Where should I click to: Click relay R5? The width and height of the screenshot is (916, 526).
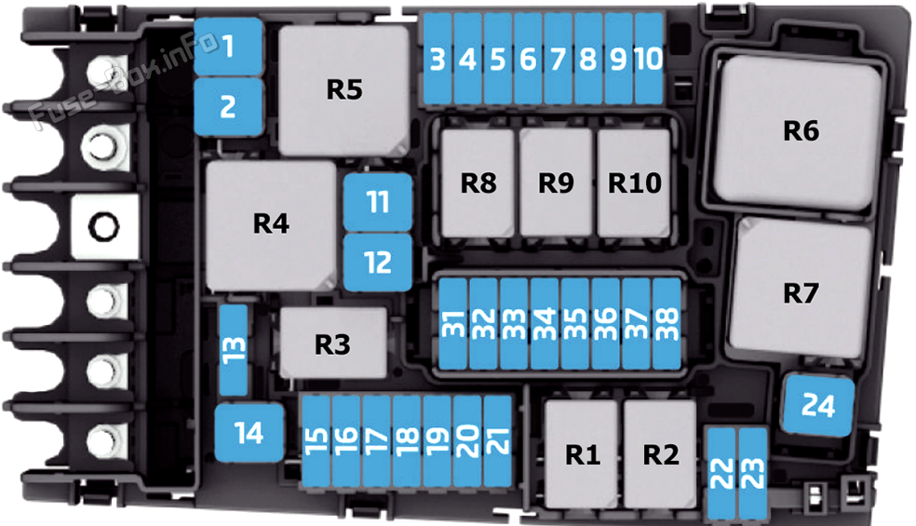(x=344, y=90)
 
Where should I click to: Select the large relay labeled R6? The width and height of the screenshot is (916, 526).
(x=798, y=132)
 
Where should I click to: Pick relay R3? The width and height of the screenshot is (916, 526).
(x=333, y=344)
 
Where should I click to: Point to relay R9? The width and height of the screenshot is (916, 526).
(x=556, y=182)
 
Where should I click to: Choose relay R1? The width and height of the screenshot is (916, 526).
(x=581, y=454)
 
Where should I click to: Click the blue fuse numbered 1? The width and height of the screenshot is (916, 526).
(x=228, y=47)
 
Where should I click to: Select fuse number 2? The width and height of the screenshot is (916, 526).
(x=228, y=107)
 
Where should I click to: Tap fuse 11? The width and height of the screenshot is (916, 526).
(x=378, y=202)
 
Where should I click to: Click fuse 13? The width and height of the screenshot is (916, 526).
(x=234, y=349)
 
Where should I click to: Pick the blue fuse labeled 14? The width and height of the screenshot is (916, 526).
(x=249, y=433)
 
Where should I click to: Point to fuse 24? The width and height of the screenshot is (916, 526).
(x=818, y=405)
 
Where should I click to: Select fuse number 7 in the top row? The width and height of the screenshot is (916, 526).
(x=558, y=59)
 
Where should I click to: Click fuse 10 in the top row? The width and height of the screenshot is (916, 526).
(x=649, y=59)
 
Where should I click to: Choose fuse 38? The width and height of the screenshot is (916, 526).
(x=667, y=324)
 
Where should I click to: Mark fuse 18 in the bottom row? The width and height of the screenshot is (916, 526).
(x=407, y=441)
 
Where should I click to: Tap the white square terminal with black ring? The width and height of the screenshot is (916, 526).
(x=104, y=227)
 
